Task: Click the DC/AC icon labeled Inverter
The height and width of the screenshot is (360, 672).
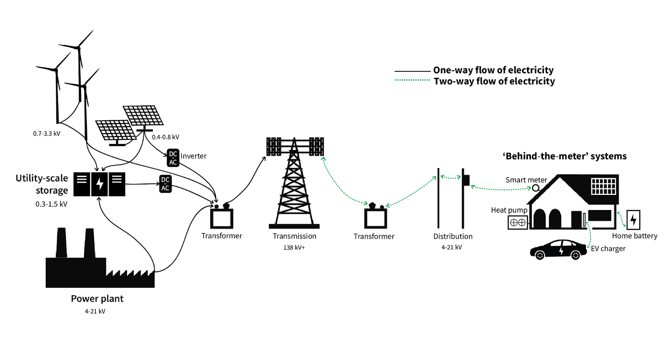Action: [173, 158]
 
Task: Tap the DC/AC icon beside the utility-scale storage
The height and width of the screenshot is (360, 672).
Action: [165, 184]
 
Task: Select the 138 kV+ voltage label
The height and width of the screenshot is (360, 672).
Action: [294, 247]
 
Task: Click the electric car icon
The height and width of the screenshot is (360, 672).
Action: [558, 250]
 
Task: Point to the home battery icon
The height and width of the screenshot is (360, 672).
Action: [633, 219]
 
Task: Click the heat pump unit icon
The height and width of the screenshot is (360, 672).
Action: [517, 222]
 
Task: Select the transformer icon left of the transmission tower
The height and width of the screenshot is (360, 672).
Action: [221, 217]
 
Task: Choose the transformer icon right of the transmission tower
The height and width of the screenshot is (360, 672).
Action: [375, 217]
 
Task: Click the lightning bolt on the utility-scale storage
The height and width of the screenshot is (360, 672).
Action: [100, 184]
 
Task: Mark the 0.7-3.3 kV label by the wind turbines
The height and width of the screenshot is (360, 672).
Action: [47, 134]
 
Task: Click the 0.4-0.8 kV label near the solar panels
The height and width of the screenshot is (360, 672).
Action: [165, 137]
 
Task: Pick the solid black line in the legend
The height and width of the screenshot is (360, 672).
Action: [412, 71]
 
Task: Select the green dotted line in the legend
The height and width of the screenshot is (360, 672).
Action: [412, 80]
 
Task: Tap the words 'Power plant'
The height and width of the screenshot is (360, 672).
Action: [97, 299]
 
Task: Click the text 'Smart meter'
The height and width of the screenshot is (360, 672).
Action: [526, 180]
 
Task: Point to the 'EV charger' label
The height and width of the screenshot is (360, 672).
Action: [608, 248]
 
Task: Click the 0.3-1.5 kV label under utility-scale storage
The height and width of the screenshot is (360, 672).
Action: [51, 204]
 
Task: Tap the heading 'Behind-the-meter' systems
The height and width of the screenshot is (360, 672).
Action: [564, 156]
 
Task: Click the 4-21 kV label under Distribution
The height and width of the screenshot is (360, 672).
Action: [451, 247]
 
